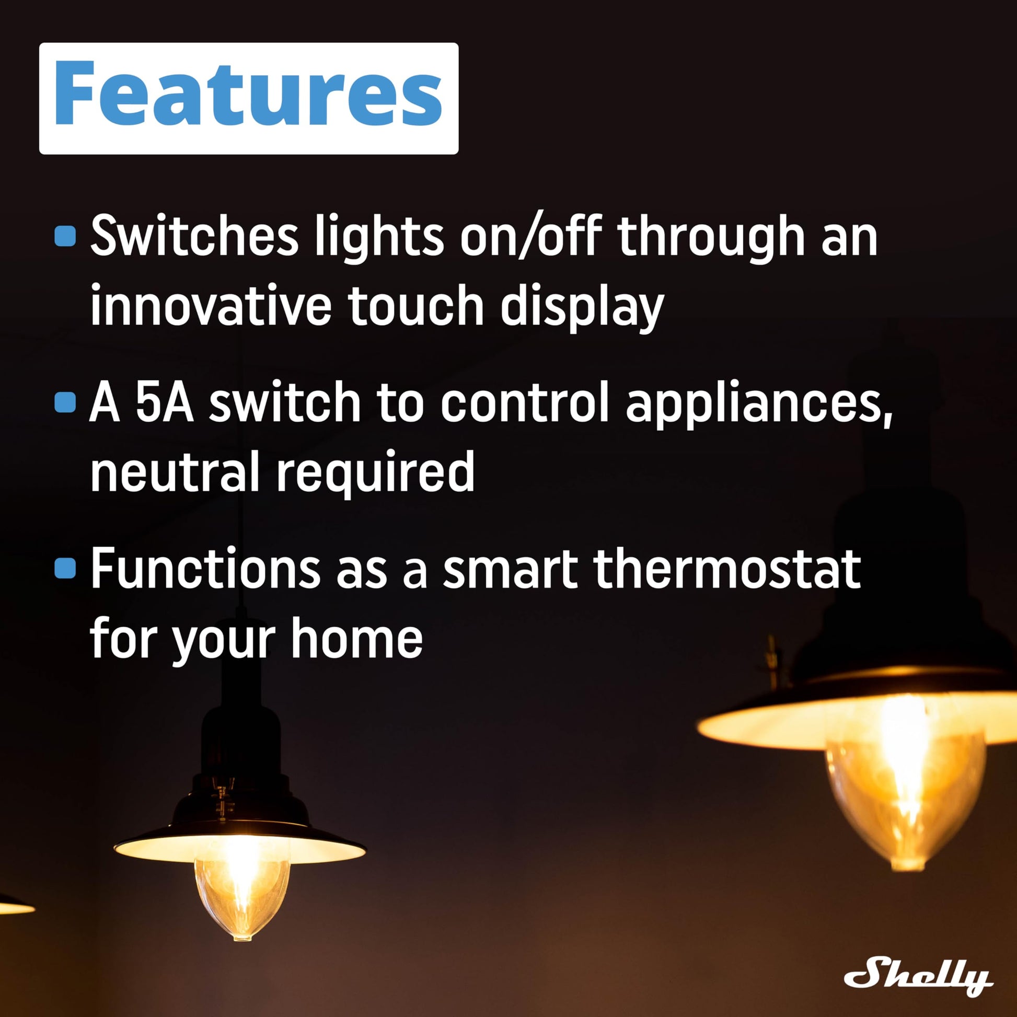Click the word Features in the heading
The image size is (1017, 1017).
(248, 93)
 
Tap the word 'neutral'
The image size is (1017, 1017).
(175, 471)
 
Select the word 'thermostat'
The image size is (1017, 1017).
(727, 569)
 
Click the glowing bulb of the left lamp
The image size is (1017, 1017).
(241, 898)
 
